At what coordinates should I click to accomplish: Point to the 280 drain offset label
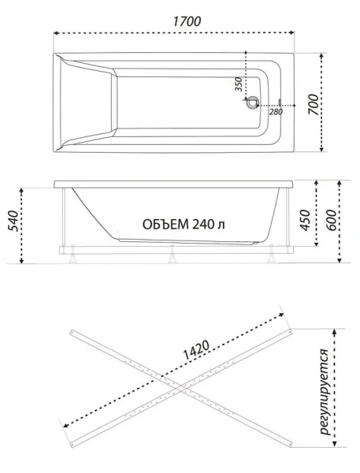pos(276,112)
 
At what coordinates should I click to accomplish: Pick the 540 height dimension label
pos(12,225)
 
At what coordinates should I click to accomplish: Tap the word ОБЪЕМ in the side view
pos(166,224)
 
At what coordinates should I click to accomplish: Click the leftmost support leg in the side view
pos(69,255)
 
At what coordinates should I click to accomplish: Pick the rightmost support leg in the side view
pos(273,255)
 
